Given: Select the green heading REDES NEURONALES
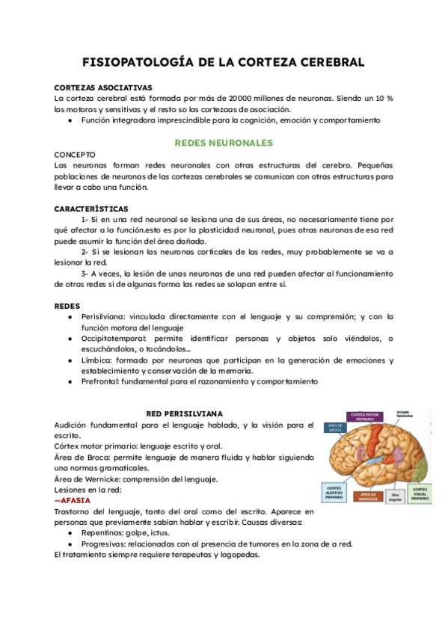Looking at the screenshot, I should pyautogui.click(x=223, y=142).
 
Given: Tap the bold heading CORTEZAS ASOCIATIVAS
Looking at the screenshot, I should pyautogui.click(x=103, y=87).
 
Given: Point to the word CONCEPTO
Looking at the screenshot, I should pyautogui.click(x=76, y=154).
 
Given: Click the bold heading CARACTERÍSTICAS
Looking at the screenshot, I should pyautogui.click(x=91, y=208).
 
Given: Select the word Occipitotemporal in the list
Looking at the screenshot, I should pyautogui.click(x=114, y=339).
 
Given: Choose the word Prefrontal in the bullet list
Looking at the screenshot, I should pyautogui.click(x=99, y=381).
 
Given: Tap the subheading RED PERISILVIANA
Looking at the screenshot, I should pyautogui.click(x=184, y=413).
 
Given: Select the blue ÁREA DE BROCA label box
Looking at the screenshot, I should pyautogui.click(x=334, y=428).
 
